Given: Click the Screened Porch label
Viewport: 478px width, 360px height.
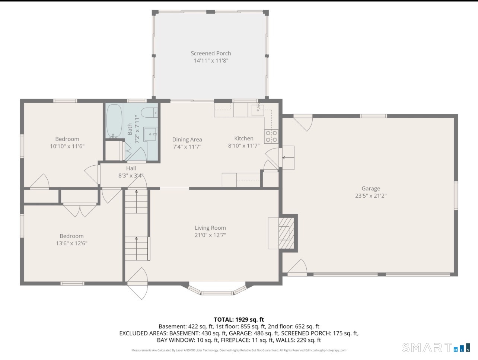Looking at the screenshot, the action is (x=211, y=53).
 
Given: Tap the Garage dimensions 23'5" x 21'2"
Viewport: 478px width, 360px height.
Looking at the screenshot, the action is (x=371, y=196).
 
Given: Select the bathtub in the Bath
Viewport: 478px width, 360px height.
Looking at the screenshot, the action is (x=114, y=121).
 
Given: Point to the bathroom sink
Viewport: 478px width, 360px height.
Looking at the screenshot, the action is (x=150, y=134).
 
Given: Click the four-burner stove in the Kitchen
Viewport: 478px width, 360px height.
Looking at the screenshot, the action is (x=271, y=136).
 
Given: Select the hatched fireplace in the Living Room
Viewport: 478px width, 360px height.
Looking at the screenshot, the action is (x=286, y=233).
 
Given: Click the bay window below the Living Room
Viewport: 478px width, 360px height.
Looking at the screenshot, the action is (x=217, y=289).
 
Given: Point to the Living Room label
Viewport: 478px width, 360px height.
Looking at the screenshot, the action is (x=210, y=228).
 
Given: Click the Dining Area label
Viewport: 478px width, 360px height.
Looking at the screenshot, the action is (x=187, y=139).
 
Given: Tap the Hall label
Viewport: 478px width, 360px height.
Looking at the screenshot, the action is (x=131, y=168).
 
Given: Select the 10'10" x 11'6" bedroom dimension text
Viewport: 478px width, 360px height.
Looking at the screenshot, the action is (x=67, y=146).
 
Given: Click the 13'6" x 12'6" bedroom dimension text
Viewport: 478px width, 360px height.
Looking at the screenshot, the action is (x=71, y=243).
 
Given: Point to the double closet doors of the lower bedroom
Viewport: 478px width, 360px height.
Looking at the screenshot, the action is (x=80, y=211).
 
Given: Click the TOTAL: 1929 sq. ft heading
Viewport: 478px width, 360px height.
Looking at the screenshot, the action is (x=239, y=319).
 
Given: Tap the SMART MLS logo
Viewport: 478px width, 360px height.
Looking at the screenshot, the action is (x=436, y=348).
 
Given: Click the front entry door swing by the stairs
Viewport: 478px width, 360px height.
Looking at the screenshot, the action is (x=138, y=283).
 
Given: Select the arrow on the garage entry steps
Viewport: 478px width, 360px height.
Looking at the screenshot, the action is (x=288, y=158).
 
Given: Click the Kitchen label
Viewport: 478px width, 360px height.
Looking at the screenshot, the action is (x=244, y=138).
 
